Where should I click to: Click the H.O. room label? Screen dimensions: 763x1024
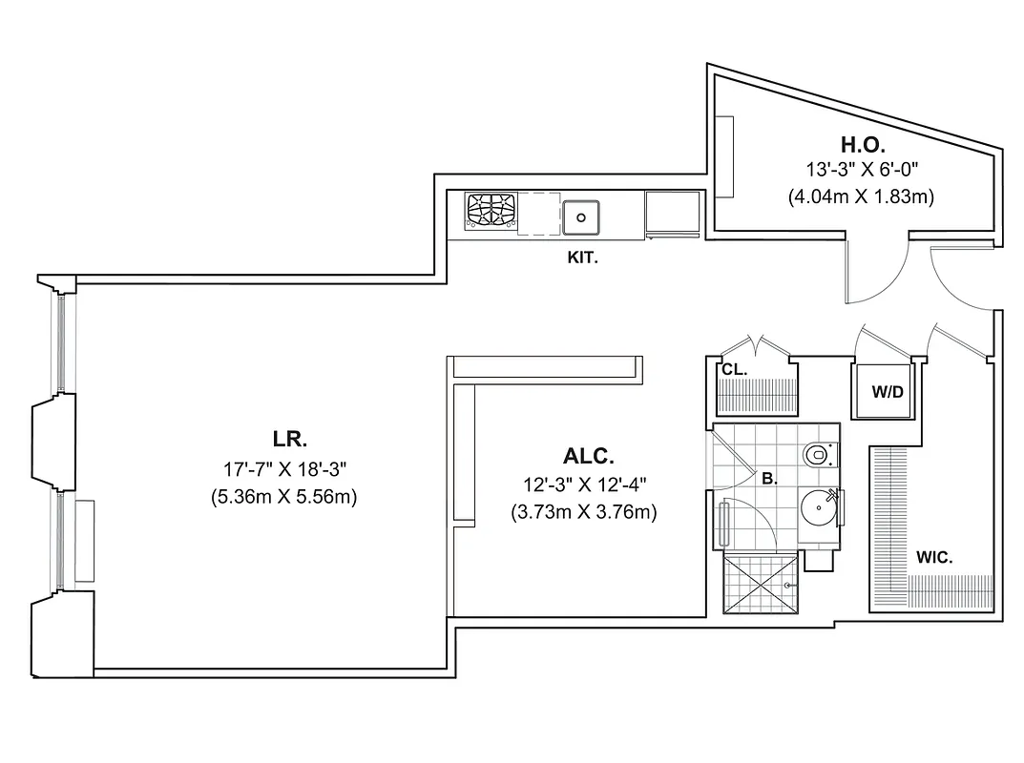click(863, 145)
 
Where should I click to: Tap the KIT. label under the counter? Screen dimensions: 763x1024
click(583, 258)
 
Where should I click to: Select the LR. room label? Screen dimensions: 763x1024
click(289, 440)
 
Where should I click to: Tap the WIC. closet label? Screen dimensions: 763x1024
click(933, 558)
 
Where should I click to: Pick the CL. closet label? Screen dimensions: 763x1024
click(734, 369)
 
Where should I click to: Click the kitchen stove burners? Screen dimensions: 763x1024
click(491, 211)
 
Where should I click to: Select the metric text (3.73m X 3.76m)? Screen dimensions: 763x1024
click(584, 512)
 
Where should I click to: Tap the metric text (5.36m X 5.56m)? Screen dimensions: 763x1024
click(284, 497)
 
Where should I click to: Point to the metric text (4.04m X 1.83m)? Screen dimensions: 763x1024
click(860, 197)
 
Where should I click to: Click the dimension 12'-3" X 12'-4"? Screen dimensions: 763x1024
click(584, 485)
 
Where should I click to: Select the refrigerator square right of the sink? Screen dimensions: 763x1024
click(674, 212)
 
